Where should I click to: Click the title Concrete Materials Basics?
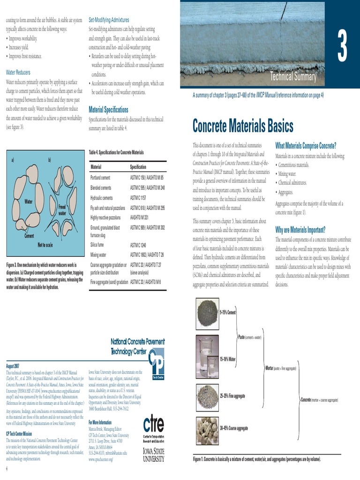243,126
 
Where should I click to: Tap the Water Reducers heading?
18,73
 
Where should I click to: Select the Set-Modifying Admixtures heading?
109,20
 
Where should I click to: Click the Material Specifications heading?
108,110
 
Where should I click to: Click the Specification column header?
138,167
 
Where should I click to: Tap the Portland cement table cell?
101,178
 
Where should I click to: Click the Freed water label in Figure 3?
62,210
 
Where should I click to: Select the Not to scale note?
45,245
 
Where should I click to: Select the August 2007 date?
13,365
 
